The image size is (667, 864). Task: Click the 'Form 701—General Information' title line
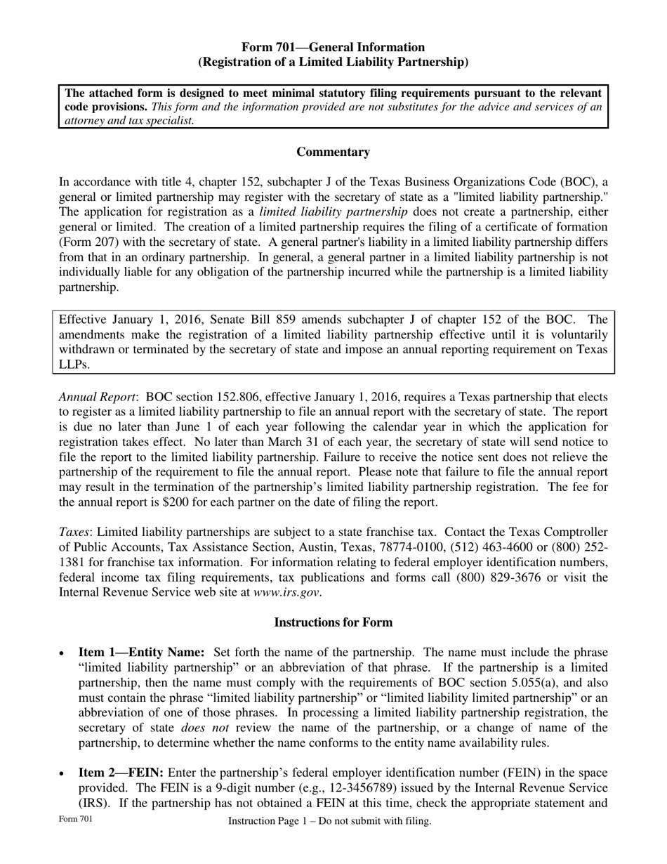coord(333,47)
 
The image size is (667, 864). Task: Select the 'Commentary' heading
coord(333,152)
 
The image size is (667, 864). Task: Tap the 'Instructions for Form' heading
coord(333,622)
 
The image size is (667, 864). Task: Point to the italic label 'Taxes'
coord(74,532)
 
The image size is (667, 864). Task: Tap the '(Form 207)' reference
coord(87,242)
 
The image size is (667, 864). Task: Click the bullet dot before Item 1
coord(63,654)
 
